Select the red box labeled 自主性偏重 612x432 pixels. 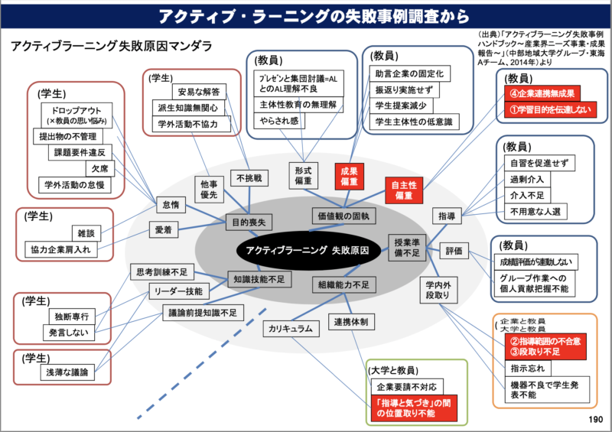pos(404,191)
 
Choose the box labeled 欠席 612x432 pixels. pos(99,168)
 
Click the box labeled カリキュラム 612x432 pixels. pos(290,329)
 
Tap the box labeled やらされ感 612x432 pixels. pos(280,122)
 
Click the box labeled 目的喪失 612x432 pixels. pos(249,222)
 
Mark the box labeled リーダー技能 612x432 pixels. pos(177,291)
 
